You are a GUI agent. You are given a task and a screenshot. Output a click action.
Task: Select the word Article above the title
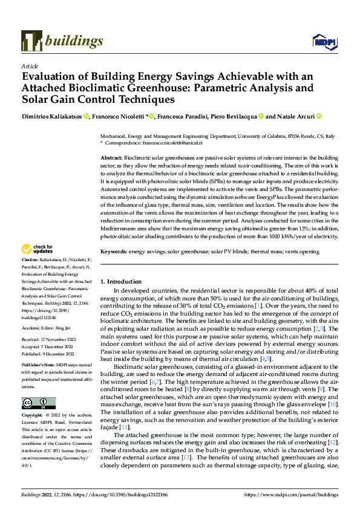click(30, 66)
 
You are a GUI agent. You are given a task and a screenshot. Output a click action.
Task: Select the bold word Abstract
click(112, 157)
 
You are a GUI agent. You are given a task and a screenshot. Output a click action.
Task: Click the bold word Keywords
click(113, 251)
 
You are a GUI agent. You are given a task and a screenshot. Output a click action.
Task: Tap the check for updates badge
click(37, 265)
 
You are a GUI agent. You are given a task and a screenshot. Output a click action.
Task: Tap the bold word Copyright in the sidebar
click(34, 416)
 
